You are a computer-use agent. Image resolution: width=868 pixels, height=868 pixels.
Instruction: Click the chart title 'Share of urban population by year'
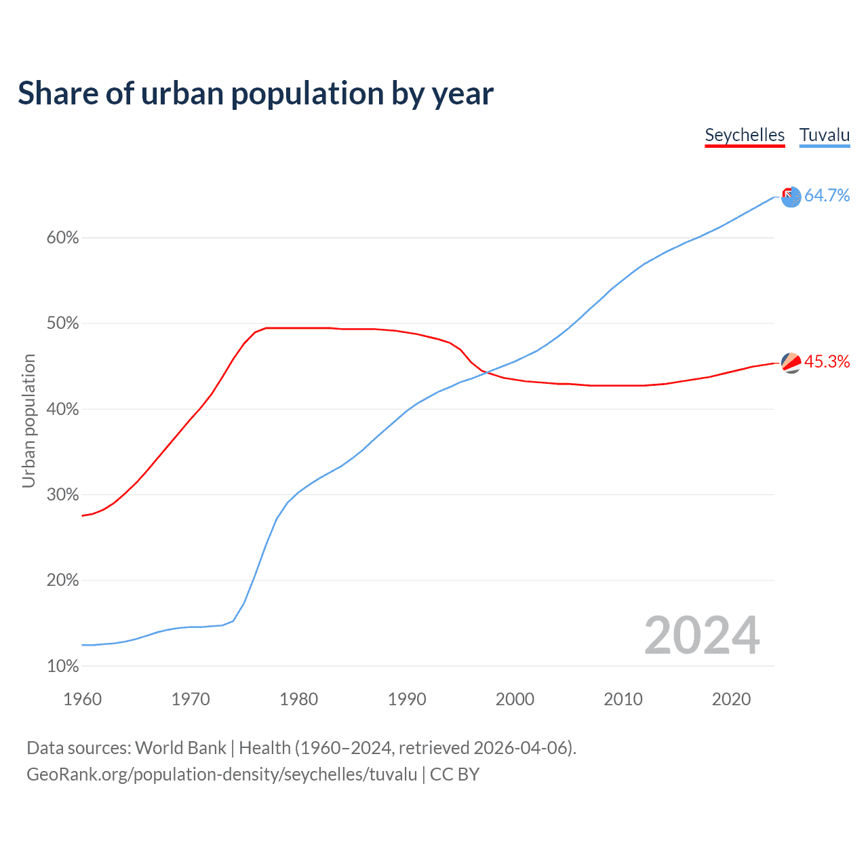tap(255, 94)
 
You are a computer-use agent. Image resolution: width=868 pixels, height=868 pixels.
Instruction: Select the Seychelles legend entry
tap(745, 135)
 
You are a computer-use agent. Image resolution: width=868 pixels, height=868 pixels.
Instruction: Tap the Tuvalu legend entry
tap(825, 135)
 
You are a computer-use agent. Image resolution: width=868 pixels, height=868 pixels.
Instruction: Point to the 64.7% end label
tap(827, 196)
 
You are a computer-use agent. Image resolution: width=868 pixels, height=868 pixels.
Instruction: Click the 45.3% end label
tap(827, 362)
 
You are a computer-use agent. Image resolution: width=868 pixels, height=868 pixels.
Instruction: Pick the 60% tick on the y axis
tap(63, 238)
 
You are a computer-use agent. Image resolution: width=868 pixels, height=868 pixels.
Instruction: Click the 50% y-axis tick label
tap(63, 323)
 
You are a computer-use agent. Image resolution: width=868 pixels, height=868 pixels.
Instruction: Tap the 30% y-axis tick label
tap(63, 495)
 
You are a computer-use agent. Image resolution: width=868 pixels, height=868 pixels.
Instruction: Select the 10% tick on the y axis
tap(63, 667)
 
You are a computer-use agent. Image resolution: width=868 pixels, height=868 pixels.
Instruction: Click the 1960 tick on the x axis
tap(82, 699)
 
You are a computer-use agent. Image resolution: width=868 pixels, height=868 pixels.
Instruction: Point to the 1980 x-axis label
tap(298, 699)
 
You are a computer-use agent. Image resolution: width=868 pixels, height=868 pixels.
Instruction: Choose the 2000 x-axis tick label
tap(515, 699)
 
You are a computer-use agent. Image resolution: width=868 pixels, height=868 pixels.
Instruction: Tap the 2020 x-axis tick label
tap(731, 699)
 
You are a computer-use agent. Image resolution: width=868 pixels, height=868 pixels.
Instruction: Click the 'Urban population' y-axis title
tap(28, 420)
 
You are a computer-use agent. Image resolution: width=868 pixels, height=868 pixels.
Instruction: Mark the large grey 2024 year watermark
tap(702, 635)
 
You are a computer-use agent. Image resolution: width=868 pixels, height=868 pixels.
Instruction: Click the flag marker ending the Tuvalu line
tap(791, 197)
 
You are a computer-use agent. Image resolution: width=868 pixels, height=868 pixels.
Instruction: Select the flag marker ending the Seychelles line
tap(791, 363)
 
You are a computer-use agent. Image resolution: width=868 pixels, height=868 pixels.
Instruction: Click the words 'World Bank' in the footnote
tap(180, 748)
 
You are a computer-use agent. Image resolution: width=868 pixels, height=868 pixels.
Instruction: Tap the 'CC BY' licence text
tap(454, 774)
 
